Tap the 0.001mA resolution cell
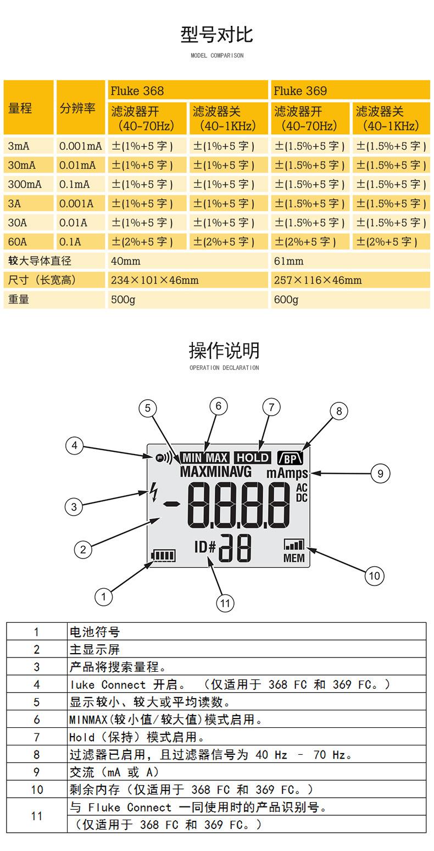(81, 146)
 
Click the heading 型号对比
(216, 35)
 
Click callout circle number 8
(339, 411)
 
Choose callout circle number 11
(225, 603)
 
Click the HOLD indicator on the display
(253, 457)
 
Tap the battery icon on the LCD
(163, 556)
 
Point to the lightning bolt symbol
(154, 491)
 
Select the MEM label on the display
(294, 558)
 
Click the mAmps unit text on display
(287, 473)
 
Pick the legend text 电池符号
(94, 631)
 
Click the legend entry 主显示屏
(94, 649)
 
